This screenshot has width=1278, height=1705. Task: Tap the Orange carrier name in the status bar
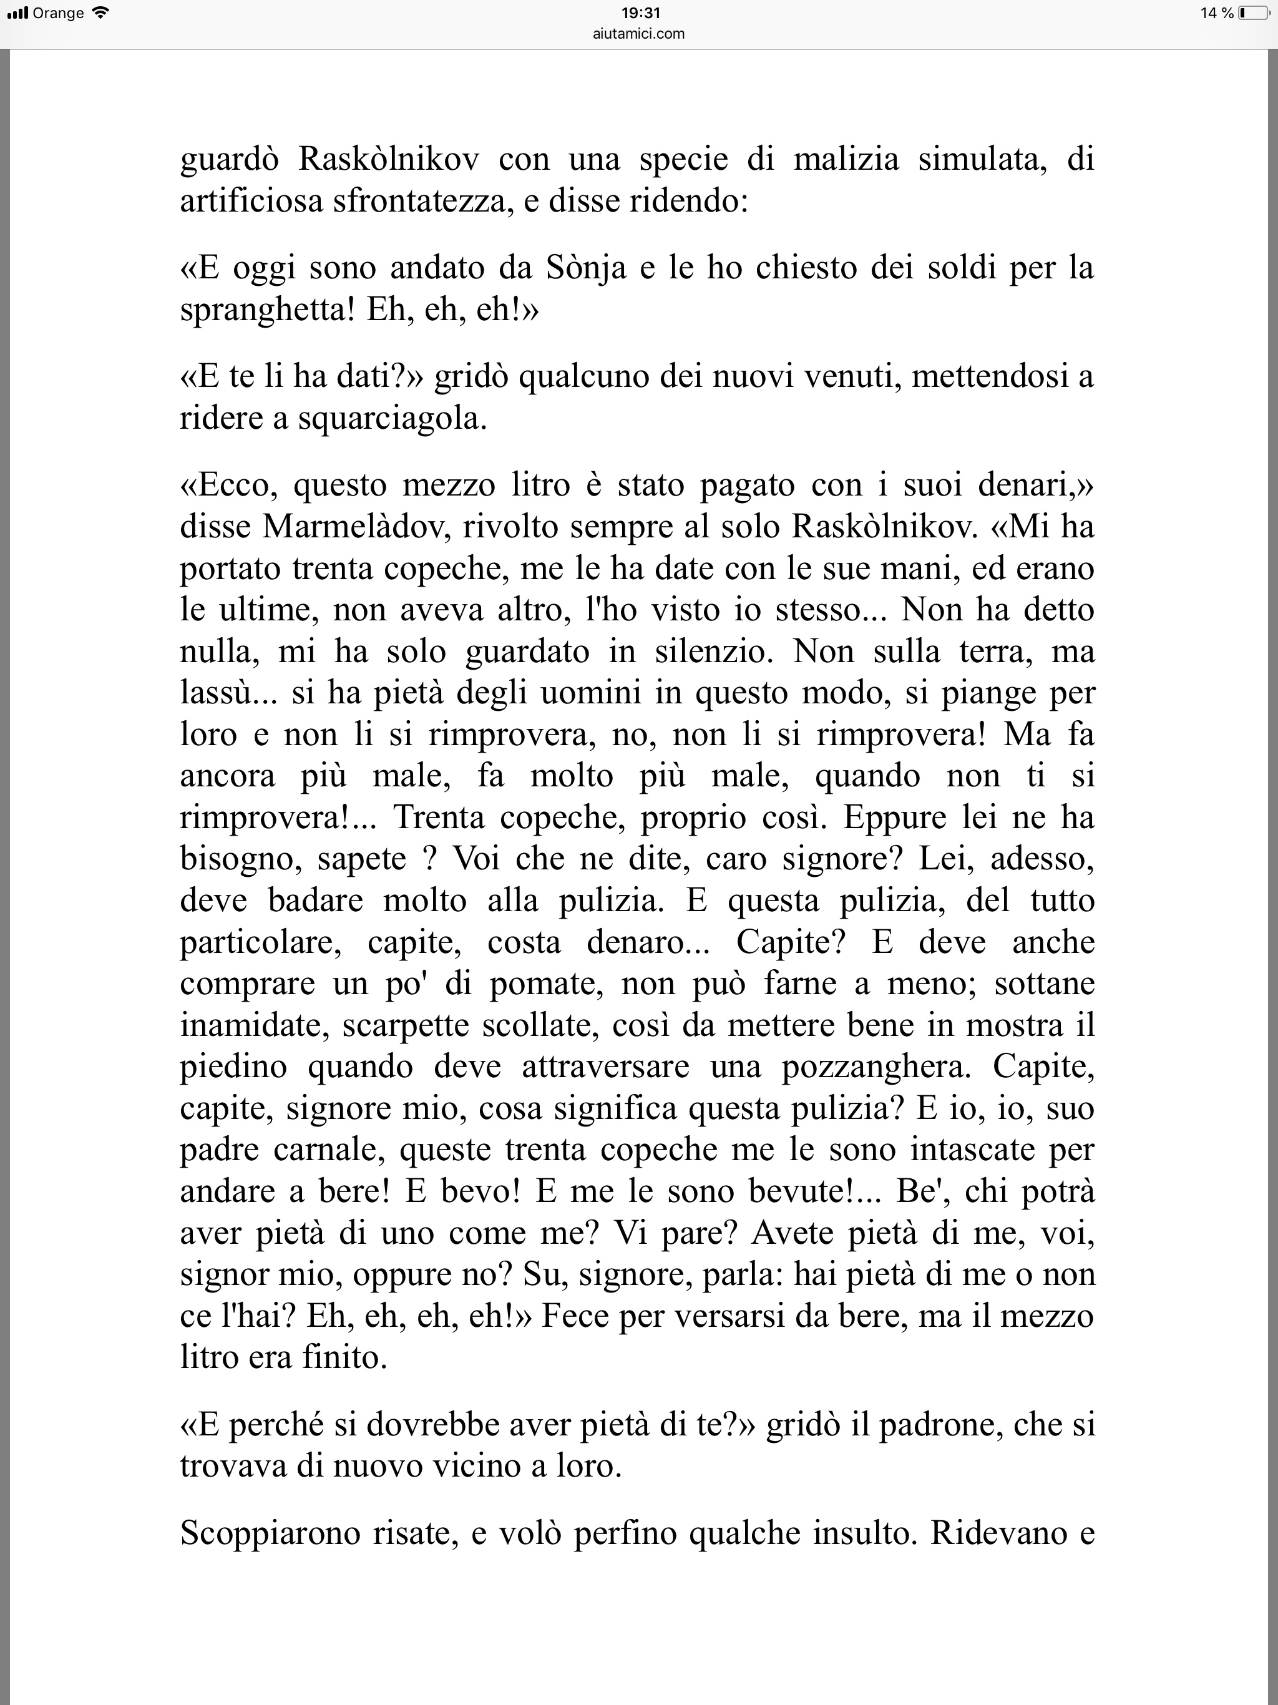click(59, 13)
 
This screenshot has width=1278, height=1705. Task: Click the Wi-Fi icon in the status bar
click(100, 13)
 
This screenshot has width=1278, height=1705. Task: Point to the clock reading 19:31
click(640, 13)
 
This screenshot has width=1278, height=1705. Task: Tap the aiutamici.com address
click(640, 33)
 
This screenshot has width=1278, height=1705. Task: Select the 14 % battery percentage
click(1217, 13)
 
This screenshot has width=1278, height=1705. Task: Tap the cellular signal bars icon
click(17, 13)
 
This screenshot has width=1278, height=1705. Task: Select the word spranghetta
click(266, 311)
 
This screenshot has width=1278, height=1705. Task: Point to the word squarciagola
click(393, 419)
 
